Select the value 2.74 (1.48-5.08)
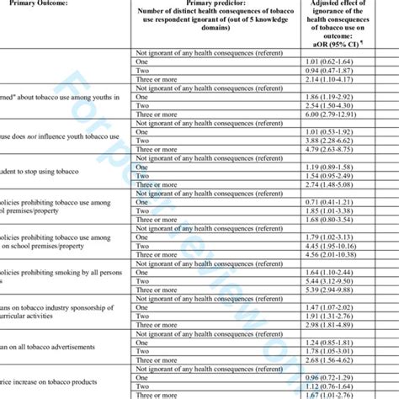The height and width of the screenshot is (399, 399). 336,208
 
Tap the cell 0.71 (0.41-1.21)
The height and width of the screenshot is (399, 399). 336,226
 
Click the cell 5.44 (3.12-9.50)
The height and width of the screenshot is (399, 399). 336,306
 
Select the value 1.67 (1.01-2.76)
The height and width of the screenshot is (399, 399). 336,395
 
